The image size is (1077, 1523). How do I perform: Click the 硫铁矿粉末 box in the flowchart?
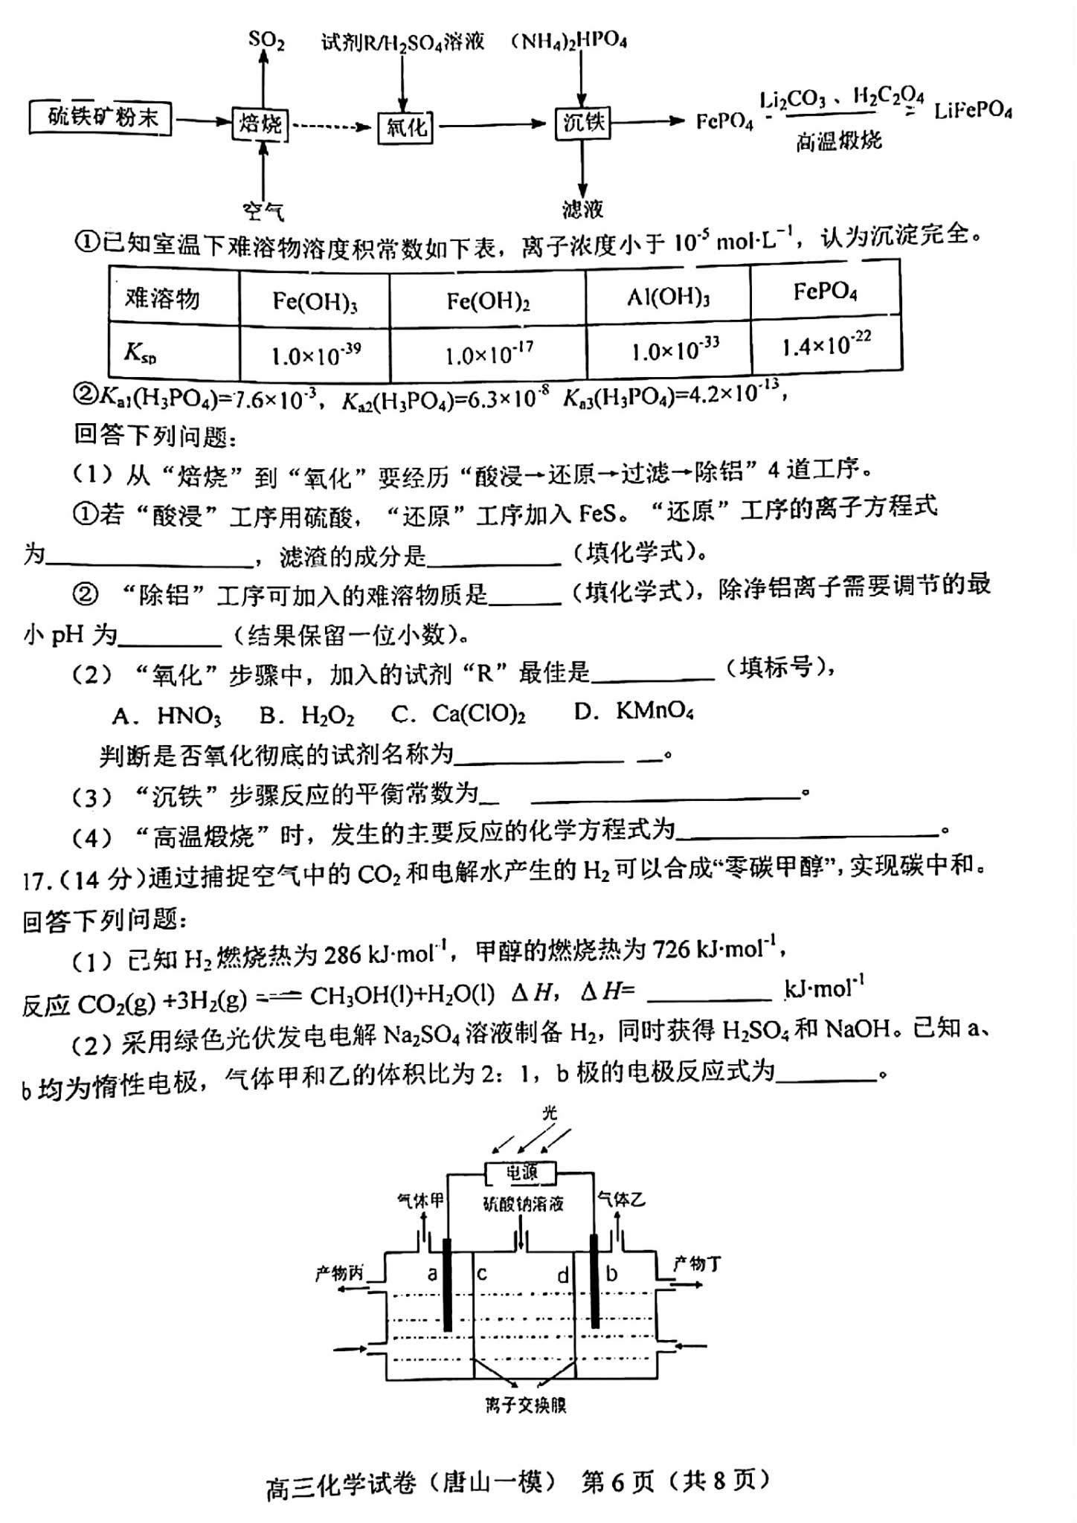[x=101, y=117]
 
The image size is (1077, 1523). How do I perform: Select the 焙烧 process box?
[x=260, y=123]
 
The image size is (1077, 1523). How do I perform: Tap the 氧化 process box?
[x=406, y=126]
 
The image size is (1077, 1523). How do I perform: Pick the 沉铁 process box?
[x=582, y=122]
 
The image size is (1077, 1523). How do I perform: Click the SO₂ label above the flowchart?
[x=266, y=39]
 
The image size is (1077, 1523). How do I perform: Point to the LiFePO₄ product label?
[x=973, y=112]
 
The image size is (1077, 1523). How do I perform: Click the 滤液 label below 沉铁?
[x=582, y=210]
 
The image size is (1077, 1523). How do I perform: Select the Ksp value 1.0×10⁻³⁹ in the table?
[x=316, y=354]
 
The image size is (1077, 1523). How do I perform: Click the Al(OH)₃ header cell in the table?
[x=667, y=297]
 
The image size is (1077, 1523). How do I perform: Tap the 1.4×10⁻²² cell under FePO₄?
[x=826, y=345]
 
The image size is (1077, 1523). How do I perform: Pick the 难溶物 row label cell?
[x=163, y=299]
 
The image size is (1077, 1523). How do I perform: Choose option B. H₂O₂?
[x=307, y=715]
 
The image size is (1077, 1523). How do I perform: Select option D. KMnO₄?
[x=634, y=712]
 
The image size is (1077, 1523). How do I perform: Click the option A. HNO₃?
[x=167, y=716]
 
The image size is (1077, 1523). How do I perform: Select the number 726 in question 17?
[x=671, y=950]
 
